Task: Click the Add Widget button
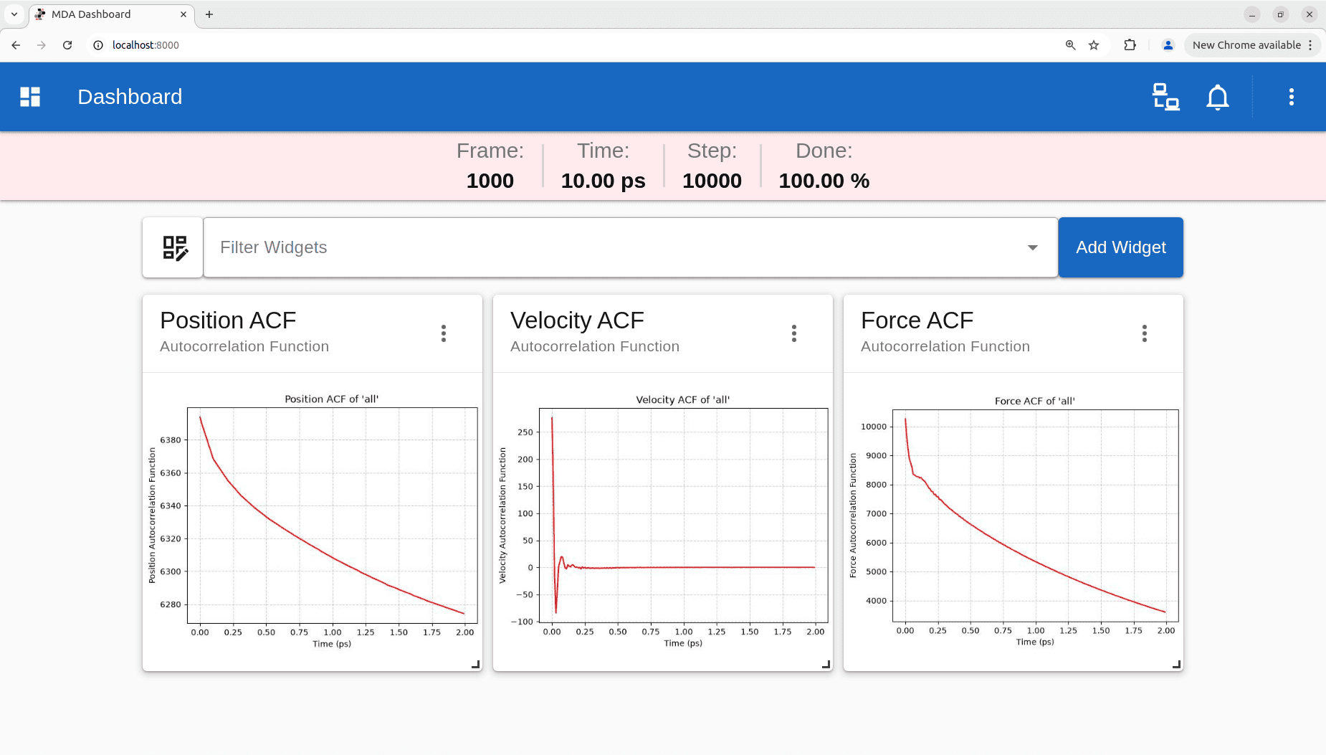click(1120, 247)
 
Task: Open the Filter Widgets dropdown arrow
click(1032, 247)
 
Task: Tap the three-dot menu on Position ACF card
click(444, 333)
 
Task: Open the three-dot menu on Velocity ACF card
click(794, 333)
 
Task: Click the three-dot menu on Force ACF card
click(1145, 333)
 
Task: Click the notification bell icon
click(1218, 97)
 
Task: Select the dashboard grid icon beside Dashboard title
click(30, 97)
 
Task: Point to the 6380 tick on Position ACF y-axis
click(171, 440)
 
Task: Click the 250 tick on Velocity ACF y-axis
click(525, 432)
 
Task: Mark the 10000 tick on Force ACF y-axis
click(874, 427)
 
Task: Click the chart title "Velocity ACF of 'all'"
click(683, 400)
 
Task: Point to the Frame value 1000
click(490, 181)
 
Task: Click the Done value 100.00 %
click(824, 181)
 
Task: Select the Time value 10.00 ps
click(604, 181)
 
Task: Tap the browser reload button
click(67, 45)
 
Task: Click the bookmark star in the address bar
click(1094, 45)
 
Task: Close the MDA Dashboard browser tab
click(183, 14)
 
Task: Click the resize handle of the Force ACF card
click(1176, 665)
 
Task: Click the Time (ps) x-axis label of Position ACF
click(332, 644)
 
